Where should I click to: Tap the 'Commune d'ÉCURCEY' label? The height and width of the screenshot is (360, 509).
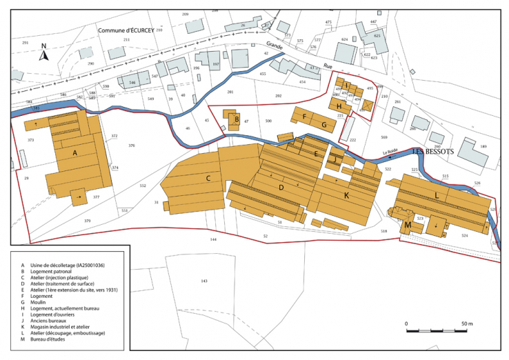point(125,30)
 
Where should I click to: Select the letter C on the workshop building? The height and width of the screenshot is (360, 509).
point(207,178)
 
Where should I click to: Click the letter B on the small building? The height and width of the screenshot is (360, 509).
point(237,120)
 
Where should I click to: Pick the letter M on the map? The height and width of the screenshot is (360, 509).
point(408,226)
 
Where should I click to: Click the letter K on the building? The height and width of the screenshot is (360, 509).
point(346,196)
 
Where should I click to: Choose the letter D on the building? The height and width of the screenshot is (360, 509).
point(281,186)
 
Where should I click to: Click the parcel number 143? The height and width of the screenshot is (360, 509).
point(203,281)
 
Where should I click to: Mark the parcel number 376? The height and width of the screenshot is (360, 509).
point(132,146)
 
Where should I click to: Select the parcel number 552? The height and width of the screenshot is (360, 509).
point(143,186)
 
